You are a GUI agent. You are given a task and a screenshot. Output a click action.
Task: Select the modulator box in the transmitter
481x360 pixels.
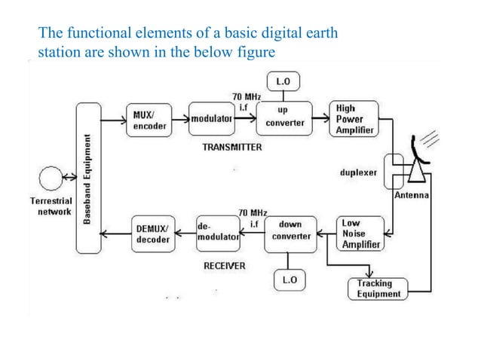coord(211,120)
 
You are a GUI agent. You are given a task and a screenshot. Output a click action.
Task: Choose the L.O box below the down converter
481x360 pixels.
coord(290,280)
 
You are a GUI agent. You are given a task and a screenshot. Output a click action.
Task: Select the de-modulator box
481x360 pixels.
coord(217,231)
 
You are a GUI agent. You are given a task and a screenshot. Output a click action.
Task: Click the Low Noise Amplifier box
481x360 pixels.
coord(360,234)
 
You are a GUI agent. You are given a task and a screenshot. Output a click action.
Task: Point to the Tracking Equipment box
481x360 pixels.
coord(376,288)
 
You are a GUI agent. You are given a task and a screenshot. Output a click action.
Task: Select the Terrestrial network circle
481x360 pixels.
coord(51,180)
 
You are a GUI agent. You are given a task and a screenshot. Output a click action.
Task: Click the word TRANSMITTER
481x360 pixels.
coord(232,148)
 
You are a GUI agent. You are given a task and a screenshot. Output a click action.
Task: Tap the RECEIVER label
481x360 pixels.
coord(225,267)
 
